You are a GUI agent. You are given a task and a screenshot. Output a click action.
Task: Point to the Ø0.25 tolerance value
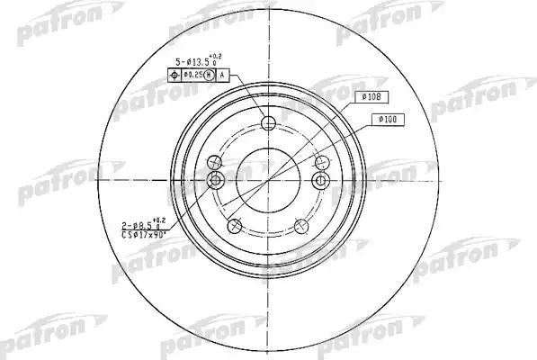click(192, 76)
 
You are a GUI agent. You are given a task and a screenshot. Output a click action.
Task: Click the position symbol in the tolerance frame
click(176, 76)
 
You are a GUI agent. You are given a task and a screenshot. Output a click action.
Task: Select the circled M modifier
click(210, 76)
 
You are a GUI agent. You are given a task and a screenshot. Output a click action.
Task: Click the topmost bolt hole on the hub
click(267, 123)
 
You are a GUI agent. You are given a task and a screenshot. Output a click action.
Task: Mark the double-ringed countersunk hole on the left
click(214, 181)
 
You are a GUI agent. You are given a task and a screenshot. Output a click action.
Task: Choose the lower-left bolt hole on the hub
click(236, 225)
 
